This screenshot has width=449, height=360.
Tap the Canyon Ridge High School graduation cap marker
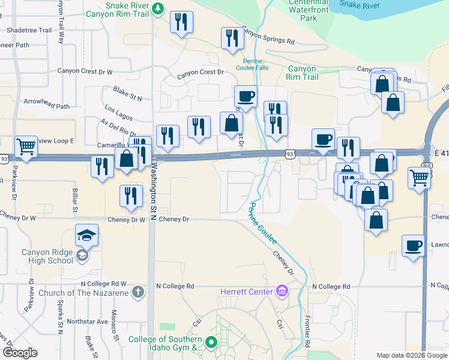[87, 235]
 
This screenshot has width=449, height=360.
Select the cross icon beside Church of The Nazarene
[138, 293]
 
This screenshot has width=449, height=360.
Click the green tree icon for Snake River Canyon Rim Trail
[157, 8]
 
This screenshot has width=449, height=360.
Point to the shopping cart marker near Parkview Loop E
[26, 146]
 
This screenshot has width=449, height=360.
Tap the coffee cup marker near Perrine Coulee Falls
[246, 96]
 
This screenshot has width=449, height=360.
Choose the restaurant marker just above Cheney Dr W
[130, 196]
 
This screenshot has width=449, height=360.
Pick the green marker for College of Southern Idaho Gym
[211, 343]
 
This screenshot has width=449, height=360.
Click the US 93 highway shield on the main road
[289, 154]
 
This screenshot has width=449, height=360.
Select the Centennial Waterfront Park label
[310, 11]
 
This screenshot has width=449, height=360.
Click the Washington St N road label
[154, 180]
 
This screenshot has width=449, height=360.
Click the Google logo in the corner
[19, 353]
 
